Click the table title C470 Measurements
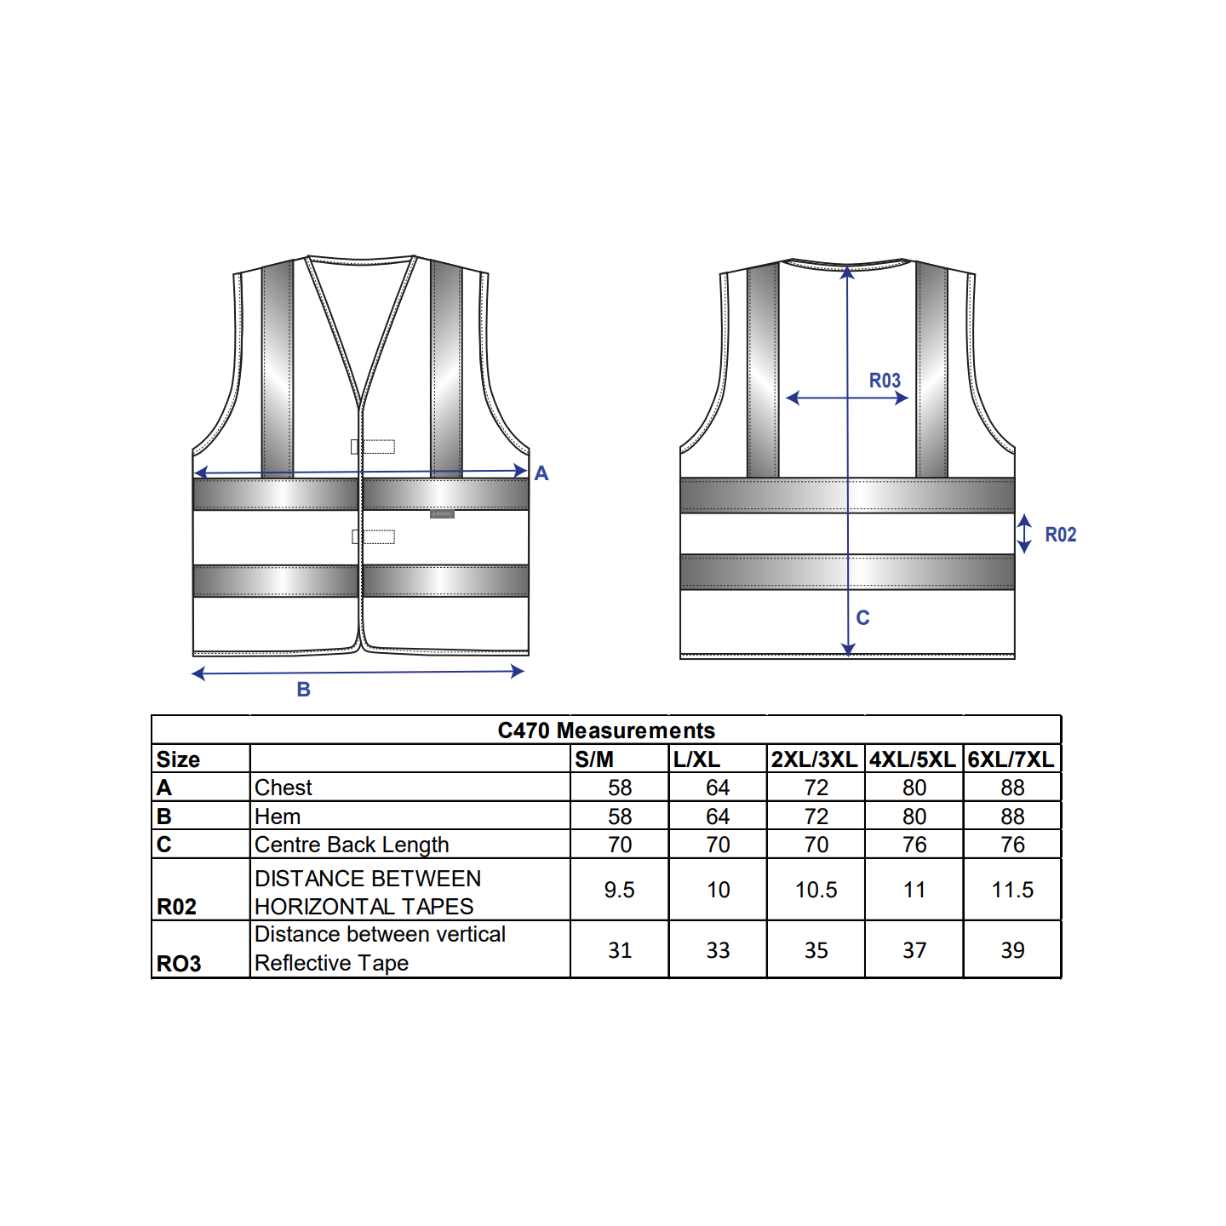605,730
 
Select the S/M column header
593,759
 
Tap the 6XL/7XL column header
1011,759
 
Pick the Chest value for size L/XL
718,788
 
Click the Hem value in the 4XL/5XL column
914,816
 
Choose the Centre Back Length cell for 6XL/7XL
1012,845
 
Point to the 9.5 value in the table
619,890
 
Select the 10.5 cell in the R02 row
816,890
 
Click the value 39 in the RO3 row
1012,950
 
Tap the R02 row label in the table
176,907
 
